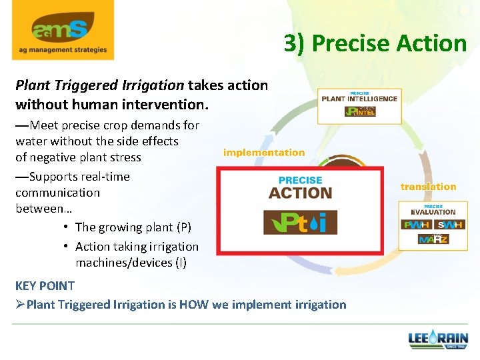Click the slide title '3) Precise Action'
point(375,43)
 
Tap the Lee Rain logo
point(438,340)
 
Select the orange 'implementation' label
point(264,153)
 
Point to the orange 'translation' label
point(428,187)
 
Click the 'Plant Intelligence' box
point(359,105)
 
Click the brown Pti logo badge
point(295,221)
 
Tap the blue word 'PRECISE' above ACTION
point(300,180)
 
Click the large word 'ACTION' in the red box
point(300,193)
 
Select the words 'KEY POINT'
point(45,285)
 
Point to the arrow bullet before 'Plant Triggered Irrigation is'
point(21,305)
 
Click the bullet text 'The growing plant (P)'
point(133,227)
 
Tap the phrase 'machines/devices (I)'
point(131,262)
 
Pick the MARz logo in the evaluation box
point(433,239)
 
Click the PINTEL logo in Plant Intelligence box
point(360,111)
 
